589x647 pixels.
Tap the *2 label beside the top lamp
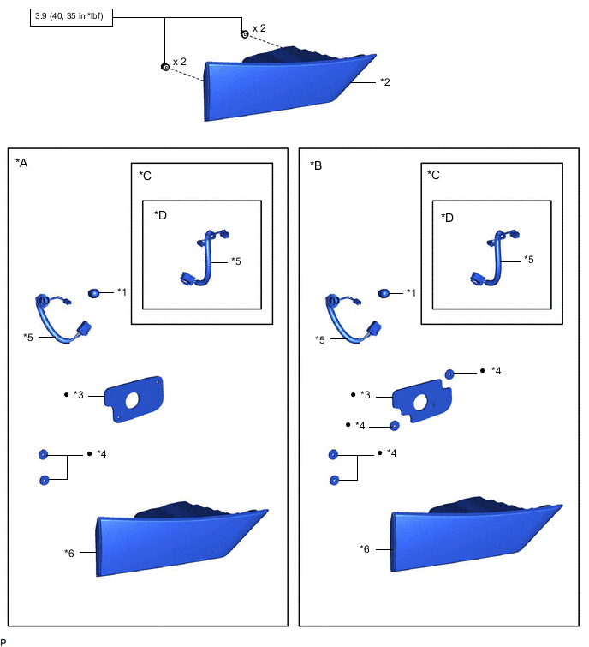[x=385, y=82]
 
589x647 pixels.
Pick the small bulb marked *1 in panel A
[x=93, y=293]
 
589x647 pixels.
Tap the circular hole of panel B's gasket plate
[x=421, y=403]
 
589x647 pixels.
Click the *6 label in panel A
[x=70, y=553]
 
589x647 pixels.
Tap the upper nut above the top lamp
[x=245, y=34]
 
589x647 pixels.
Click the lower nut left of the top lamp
[x=165, y=67]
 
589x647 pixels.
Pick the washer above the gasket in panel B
[x=449, y=373]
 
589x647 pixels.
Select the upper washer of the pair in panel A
[x=43, y=453]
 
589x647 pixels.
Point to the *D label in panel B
[x=447, y=217]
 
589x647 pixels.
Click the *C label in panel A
[x=145, y=175]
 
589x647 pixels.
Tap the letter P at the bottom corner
[x=3, y=641]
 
